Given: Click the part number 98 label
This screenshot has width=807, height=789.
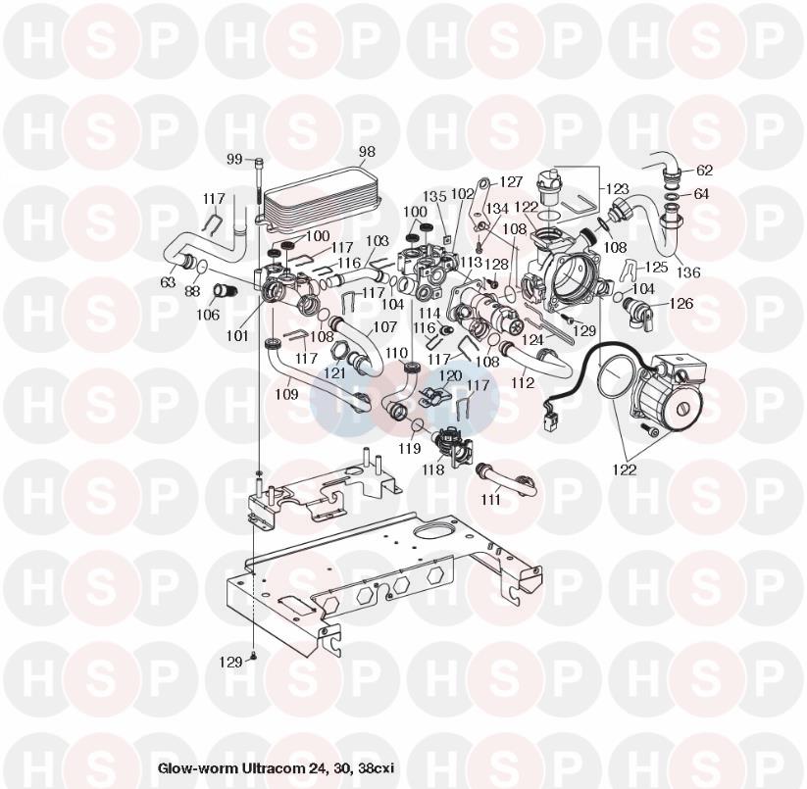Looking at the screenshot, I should pos(367,152).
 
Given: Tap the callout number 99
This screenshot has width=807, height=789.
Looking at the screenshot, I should pos(234,159).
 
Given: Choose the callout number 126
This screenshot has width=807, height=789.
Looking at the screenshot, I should pos(681,304).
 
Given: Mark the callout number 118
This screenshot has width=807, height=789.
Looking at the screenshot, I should pos(431,470).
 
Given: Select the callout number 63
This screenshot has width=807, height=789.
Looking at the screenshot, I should pos(169,283).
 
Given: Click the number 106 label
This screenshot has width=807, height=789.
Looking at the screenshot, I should pos(208,315).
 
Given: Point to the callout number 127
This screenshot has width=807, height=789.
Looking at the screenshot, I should pos(511,182).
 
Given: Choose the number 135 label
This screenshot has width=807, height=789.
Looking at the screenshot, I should pos(434,196).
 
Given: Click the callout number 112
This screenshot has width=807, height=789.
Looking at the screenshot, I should pos(523,383).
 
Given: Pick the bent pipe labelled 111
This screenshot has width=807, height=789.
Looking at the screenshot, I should pos(504,477).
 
